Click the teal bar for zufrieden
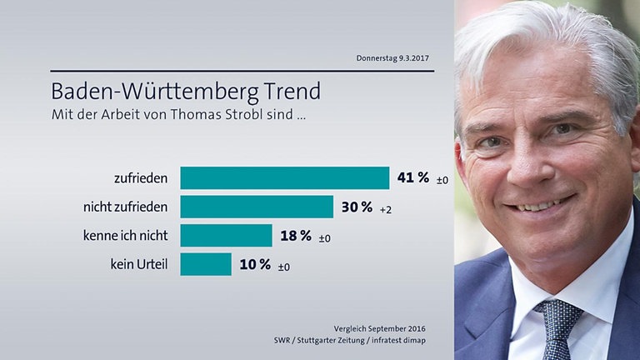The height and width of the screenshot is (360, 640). point(284,178)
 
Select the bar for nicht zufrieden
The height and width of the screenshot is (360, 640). point(257,207)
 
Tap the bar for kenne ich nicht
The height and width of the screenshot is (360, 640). point(226,236)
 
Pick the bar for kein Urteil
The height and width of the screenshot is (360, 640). point(206,264)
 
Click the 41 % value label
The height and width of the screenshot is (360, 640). point(413,177)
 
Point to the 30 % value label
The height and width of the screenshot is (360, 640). point(357,207)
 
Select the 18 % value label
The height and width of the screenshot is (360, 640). point(296,236)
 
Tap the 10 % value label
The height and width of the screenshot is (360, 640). point(255,264)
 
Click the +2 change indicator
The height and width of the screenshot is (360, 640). point(385,209)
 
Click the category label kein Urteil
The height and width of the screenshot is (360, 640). point(139,265)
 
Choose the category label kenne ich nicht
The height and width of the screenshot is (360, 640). point(121,236)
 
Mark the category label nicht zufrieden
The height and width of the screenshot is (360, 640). point(118,207)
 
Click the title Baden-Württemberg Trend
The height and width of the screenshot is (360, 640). point(186,89)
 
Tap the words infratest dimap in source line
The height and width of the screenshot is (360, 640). point(403,341)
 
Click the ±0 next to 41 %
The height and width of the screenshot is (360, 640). point(442,180)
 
